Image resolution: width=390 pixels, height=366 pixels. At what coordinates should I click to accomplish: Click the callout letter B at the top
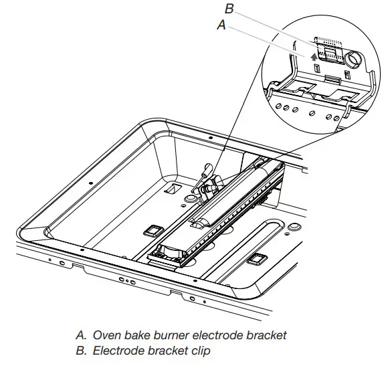tap(228, 9)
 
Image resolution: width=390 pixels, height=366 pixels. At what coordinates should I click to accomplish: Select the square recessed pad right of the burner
tap(256, 258)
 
